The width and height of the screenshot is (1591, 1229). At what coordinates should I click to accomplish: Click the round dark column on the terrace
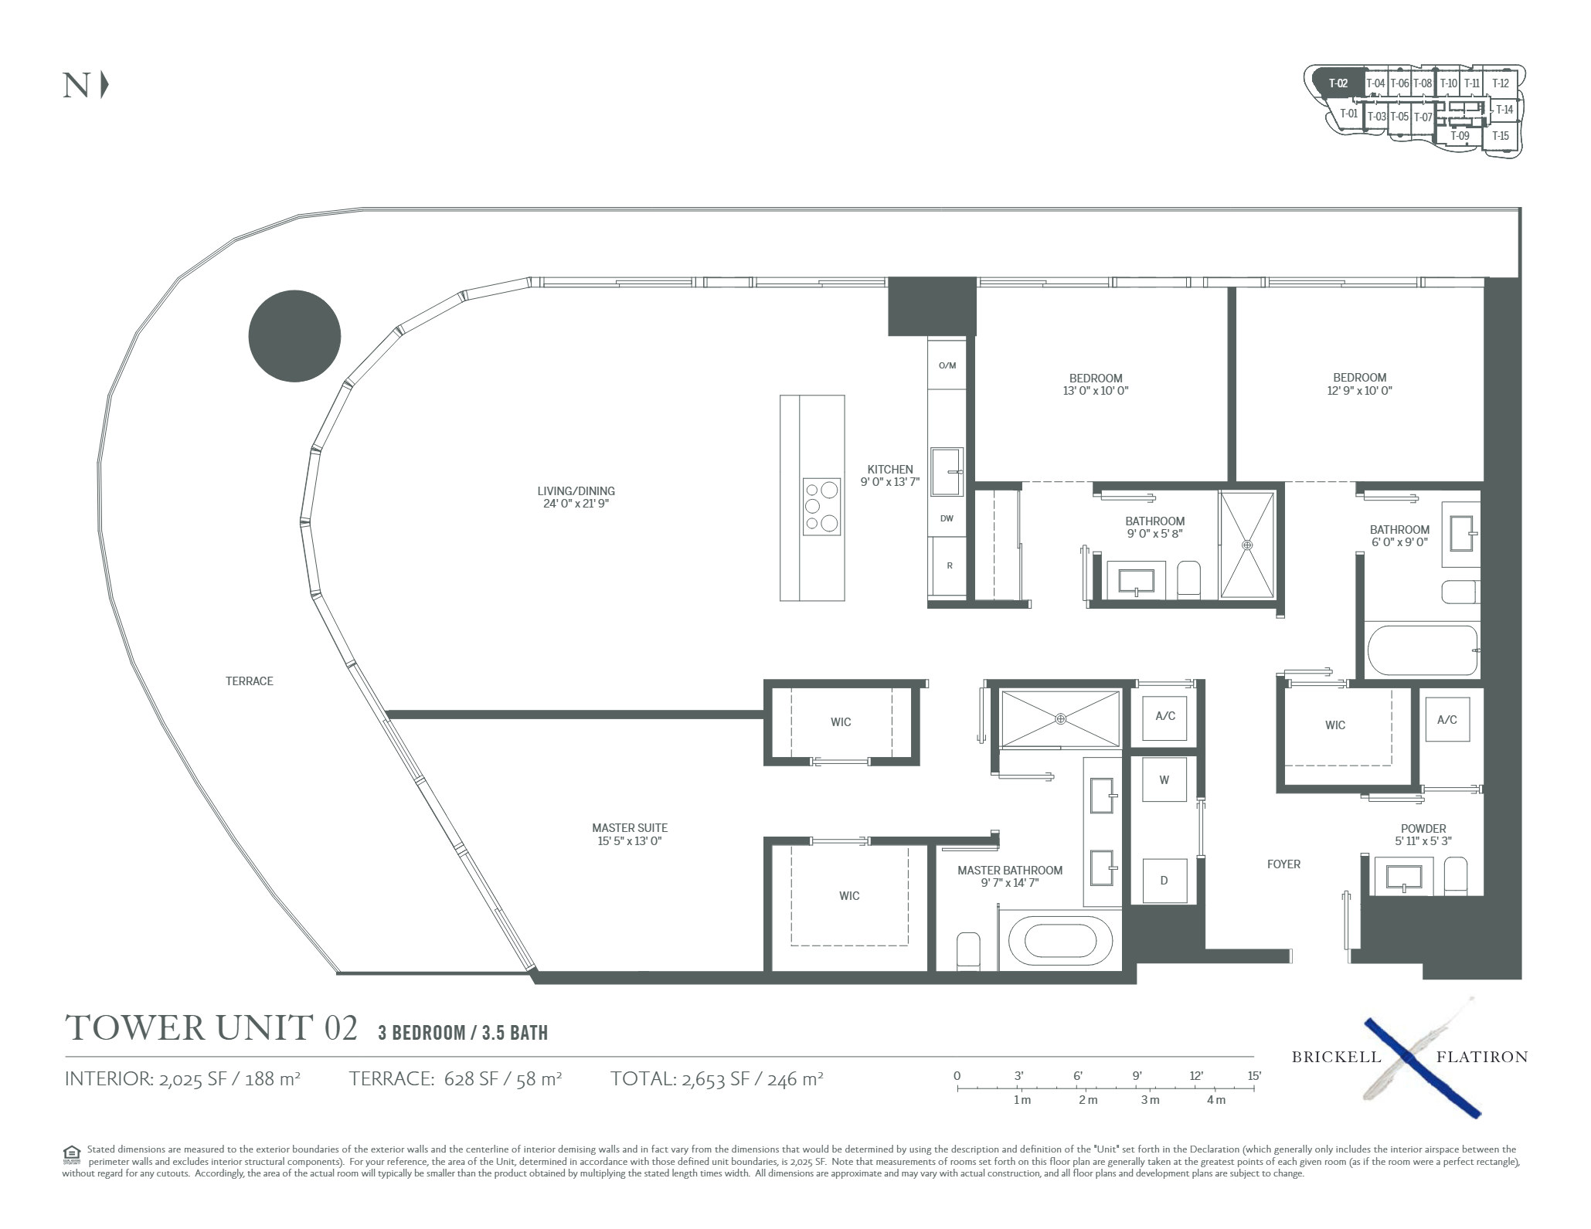click(294, 336)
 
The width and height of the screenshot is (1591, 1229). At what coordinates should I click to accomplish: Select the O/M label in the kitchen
click(947, 365)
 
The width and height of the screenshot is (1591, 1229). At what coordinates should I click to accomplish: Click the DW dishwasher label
click(947, 518)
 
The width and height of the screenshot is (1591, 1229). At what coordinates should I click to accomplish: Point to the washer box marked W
click(1164, 779)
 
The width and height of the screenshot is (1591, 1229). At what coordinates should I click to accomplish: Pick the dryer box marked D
click(1164, 880)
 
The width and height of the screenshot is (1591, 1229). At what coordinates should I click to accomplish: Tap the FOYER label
click(1283, 864)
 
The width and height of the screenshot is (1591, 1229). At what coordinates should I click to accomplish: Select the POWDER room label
click(1423, 829)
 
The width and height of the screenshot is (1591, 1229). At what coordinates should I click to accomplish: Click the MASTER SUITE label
click(630, 828)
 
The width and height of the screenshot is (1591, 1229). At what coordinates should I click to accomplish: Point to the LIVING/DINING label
click(576, 491)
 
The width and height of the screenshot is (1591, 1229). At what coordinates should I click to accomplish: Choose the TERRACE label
click(250, 681)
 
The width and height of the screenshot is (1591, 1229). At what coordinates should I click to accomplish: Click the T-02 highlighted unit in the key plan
click(1338, 84)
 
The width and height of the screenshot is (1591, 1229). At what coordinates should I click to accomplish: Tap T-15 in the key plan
click(1501, 136)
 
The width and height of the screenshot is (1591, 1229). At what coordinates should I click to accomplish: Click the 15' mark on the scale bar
click(1253, 1075)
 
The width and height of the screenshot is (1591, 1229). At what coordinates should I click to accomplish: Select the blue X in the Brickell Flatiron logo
click(1422, 1068)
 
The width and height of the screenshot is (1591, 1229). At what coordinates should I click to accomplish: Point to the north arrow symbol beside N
click(104, 85)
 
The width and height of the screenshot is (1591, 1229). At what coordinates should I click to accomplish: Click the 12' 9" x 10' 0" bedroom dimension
click(1359, 391)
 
